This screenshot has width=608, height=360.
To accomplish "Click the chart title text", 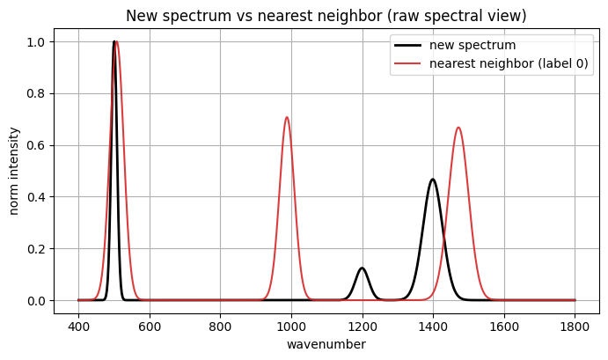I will (x=326, y=16).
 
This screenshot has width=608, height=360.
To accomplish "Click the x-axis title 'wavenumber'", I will (x=326, y=344).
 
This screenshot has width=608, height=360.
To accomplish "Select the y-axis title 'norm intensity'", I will (x=14, y=171).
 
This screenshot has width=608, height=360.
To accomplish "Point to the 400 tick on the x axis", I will (x=78, y=323).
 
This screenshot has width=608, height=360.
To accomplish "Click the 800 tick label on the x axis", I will (x=220, y=323).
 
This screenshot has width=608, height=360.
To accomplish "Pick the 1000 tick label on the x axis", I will (x=291, y=323).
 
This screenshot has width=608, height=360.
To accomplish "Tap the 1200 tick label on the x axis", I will (x=362, y=323).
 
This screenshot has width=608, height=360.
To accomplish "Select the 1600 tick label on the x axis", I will (x=503, y=323).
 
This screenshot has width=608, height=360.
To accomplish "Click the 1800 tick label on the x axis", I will (x=575, y=323).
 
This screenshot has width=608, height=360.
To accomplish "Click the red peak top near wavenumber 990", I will (x=287, y=117).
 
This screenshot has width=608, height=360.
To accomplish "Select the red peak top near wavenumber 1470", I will (x=458, y=128).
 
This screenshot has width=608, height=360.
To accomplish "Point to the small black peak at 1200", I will (x=362, y=268).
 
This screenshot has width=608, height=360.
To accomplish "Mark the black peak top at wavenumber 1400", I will (x=432, y=180).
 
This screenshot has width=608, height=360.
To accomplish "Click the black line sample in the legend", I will (x=415, y=46).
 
